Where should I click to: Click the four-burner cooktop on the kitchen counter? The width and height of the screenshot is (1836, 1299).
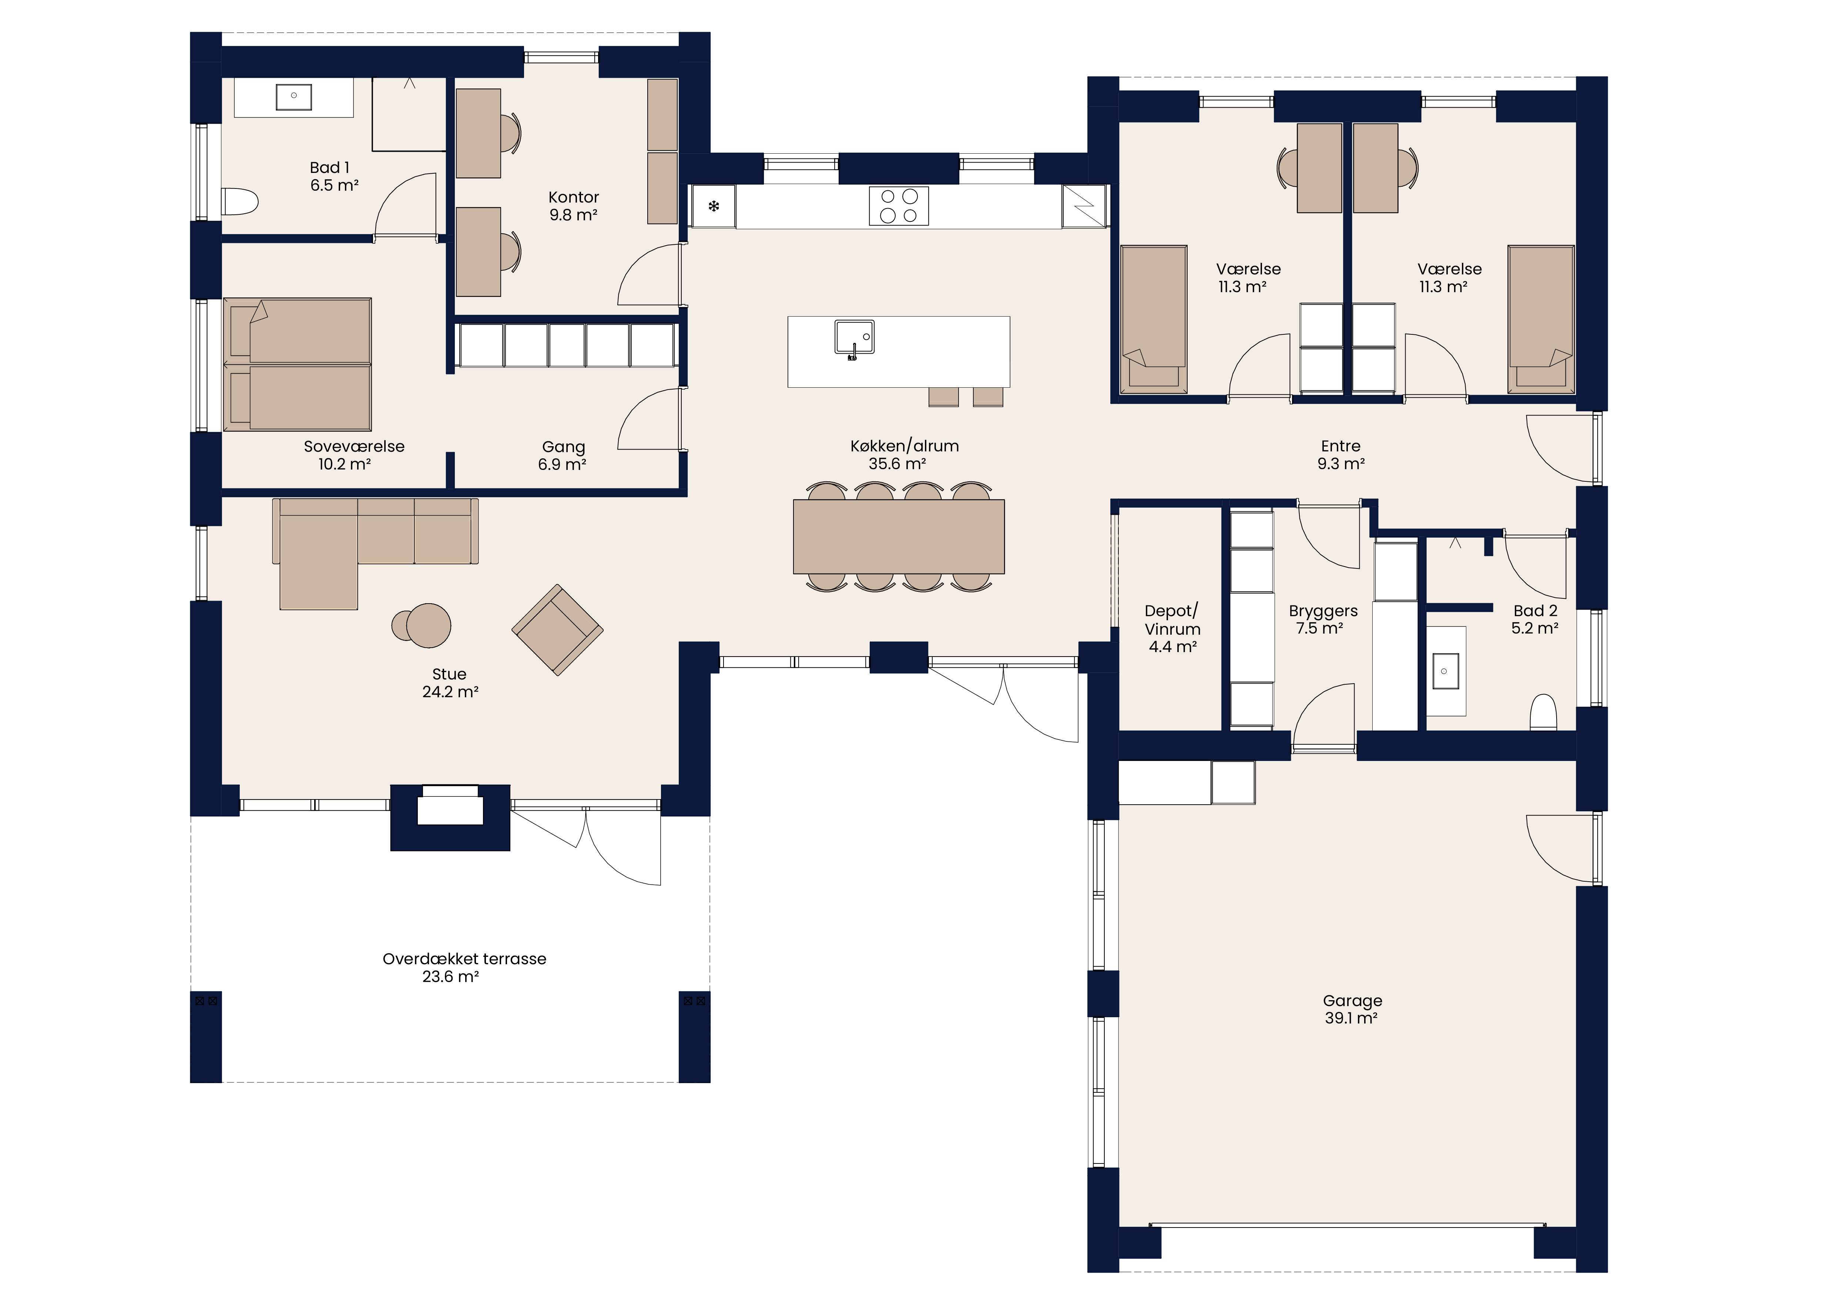[x=899, y=206]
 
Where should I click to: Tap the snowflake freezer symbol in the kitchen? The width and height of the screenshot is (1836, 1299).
[x=714, y=206]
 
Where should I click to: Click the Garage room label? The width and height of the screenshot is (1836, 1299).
[x=1352, y=1001]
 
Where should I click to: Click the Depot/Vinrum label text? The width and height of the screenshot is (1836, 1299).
[x=1172, y=620]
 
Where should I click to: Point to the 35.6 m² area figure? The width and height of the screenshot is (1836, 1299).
[x=897, y=464]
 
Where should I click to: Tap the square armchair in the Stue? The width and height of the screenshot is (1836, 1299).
[x=557, y=630]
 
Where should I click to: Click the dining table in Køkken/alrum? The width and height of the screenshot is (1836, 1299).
[x=899, y=537]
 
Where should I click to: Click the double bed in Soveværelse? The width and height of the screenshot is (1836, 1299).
[x=298, y=365]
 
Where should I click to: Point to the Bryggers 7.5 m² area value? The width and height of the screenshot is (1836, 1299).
[x=1319, y=629]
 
